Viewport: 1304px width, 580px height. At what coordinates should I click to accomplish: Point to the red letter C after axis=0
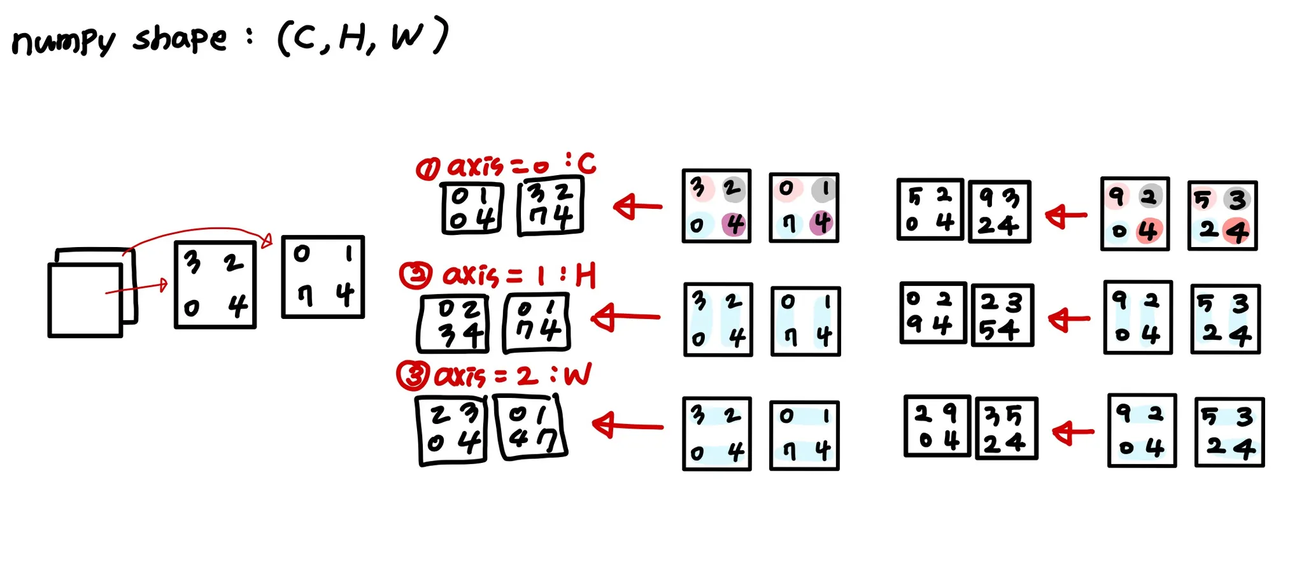click(x=586, y=164)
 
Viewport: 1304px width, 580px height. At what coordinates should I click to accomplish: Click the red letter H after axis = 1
click(x=585, y=276)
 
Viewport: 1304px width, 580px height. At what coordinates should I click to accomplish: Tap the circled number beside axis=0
click(x=427, y=169)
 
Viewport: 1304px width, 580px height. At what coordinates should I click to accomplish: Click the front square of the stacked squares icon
click(x=85, y=300)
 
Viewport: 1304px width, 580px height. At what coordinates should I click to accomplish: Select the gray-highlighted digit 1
click(x=825, y=189)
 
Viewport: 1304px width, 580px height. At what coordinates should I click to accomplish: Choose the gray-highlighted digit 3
click(x=1237, y=200)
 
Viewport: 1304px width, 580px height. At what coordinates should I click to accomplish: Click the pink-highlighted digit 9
click(x=1116, y=195)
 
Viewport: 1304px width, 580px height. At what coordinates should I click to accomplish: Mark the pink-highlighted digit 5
click(x=1201, y=200)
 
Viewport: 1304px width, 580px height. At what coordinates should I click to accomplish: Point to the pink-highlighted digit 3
click(x=698, y=187)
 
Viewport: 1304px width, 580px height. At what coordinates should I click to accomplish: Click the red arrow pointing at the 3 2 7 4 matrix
click(x=637, y=206)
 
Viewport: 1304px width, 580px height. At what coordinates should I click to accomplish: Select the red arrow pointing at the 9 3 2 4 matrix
click(x=1067, y=216)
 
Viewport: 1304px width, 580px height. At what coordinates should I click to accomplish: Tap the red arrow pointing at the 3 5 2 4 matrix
click(x=1073, y=432)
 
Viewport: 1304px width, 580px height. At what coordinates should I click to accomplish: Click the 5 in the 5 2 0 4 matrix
click(x=915, y=197)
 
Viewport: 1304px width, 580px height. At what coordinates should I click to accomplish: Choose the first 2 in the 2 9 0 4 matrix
click(x=923, y=414)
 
